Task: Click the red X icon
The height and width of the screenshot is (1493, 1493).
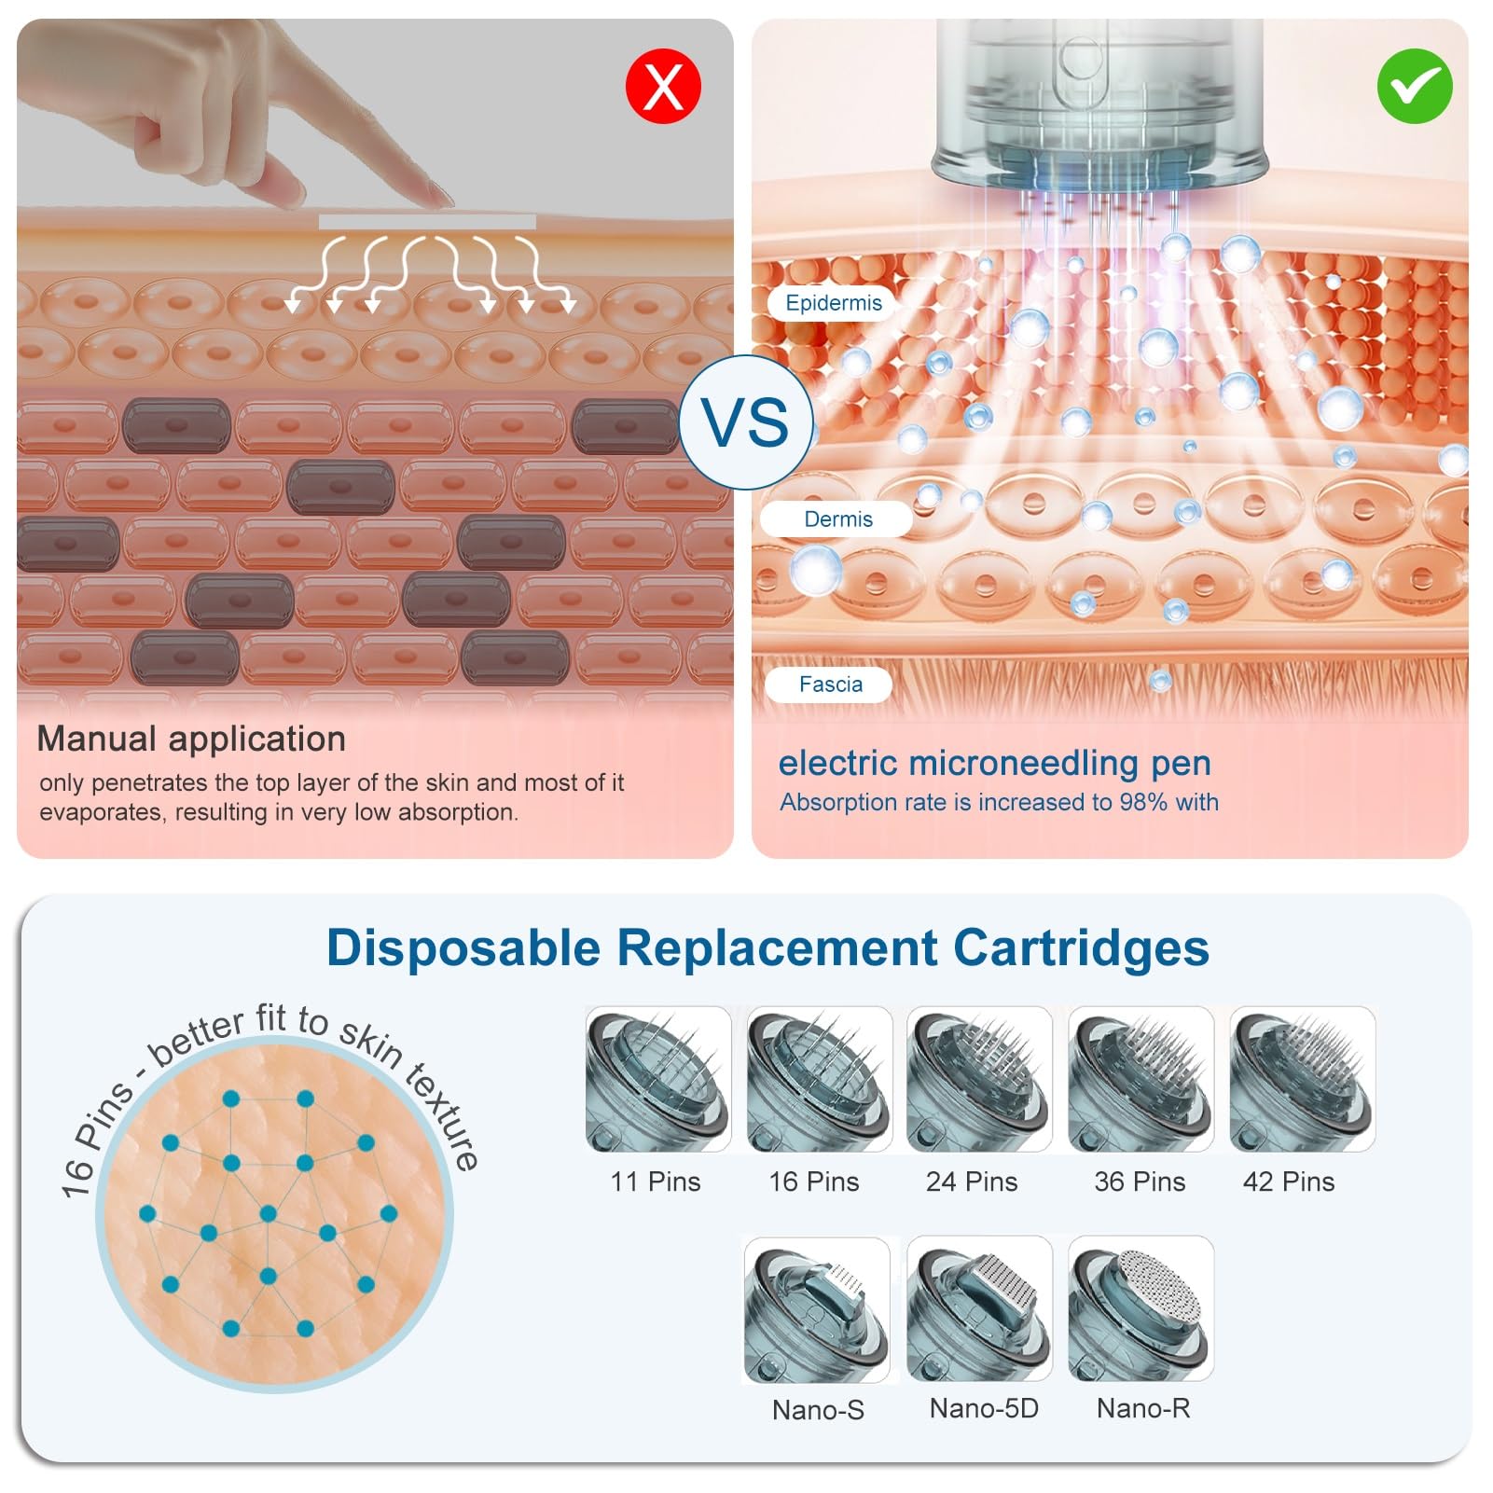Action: point(663,86)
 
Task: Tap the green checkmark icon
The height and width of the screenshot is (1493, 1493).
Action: point(1415,86)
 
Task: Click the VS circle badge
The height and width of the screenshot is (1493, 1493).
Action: point(746,422)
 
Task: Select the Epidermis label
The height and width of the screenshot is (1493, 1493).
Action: point(833,303)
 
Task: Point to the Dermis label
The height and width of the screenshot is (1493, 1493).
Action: point(837,519)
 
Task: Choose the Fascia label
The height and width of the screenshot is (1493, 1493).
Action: point(830,684)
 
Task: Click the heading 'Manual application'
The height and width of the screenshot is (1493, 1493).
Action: point(191,739)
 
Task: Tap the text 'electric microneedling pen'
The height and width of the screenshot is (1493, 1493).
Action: point(994,763)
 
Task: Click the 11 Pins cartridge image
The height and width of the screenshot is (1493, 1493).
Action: point(657,1079)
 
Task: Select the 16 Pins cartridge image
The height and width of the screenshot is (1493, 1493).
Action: point(819,1079)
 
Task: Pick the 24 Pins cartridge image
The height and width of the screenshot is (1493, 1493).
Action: point(979,1079)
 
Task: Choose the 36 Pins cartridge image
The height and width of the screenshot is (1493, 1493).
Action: point(1140,1079)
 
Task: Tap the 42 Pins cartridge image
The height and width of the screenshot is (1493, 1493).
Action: point(1303,1079)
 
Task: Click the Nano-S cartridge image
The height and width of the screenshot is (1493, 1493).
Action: point(817,1310)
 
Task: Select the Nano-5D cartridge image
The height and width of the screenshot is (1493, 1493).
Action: point(979,1308)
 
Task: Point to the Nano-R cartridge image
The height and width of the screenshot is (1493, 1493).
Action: point(1140,1308)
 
